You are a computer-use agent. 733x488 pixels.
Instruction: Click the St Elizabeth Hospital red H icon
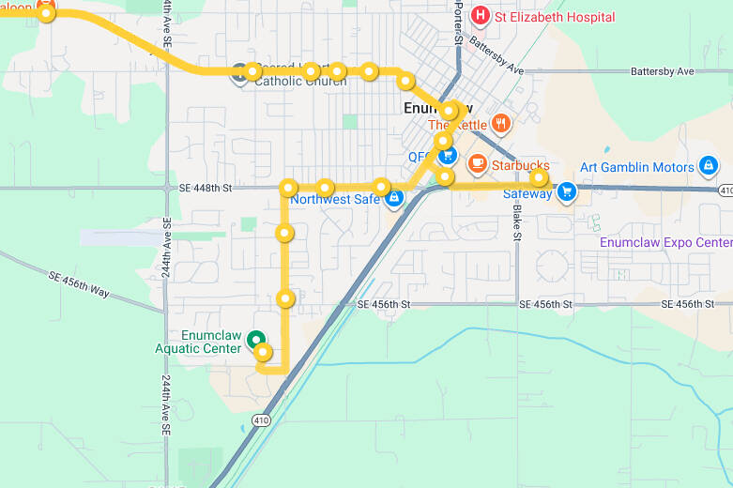[481, 15]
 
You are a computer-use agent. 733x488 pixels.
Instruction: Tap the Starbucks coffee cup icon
[478, 162]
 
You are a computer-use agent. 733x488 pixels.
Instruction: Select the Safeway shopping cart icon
[566, 192]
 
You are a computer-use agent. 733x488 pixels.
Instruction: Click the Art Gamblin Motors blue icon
[709, 167]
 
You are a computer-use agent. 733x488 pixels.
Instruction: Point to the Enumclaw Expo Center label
[665, 242]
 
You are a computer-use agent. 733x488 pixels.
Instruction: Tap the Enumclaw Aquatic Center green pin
[253, 342]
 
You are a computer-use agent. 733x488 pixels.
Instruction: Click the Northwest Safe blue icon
[395, 198]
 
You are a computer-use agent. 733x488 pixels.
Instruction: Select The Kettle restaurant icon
[501, 123]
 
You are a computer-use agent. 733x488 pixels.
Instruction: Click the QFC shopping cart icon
[448, 155]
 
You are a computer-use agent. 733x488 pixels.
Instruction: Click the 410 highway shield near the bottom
[258, 421]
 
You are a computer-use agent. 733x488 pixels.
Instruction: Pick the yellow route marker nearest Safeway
[539, 177]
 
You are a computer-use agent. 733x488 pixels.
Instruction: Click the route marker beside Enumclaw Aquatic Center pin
[264, 353]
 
